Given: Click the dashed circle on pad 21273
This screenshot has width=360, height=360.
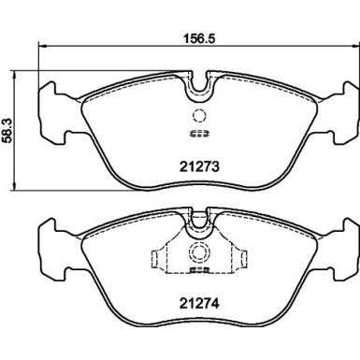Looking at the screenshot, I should pos(197,117).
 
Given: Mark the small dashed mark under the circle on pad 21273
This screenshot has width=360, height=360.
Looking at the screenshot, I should pos(197,133).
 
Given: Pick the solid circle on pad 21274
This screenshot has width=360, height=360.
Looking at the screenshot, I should pos(197,252).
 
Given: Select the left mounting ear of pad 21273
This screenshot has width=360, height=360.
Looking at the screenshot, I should pos(51,107).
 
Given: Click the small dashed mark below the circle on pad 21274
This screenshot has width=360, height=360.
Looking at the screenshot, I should pos(197,273).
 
